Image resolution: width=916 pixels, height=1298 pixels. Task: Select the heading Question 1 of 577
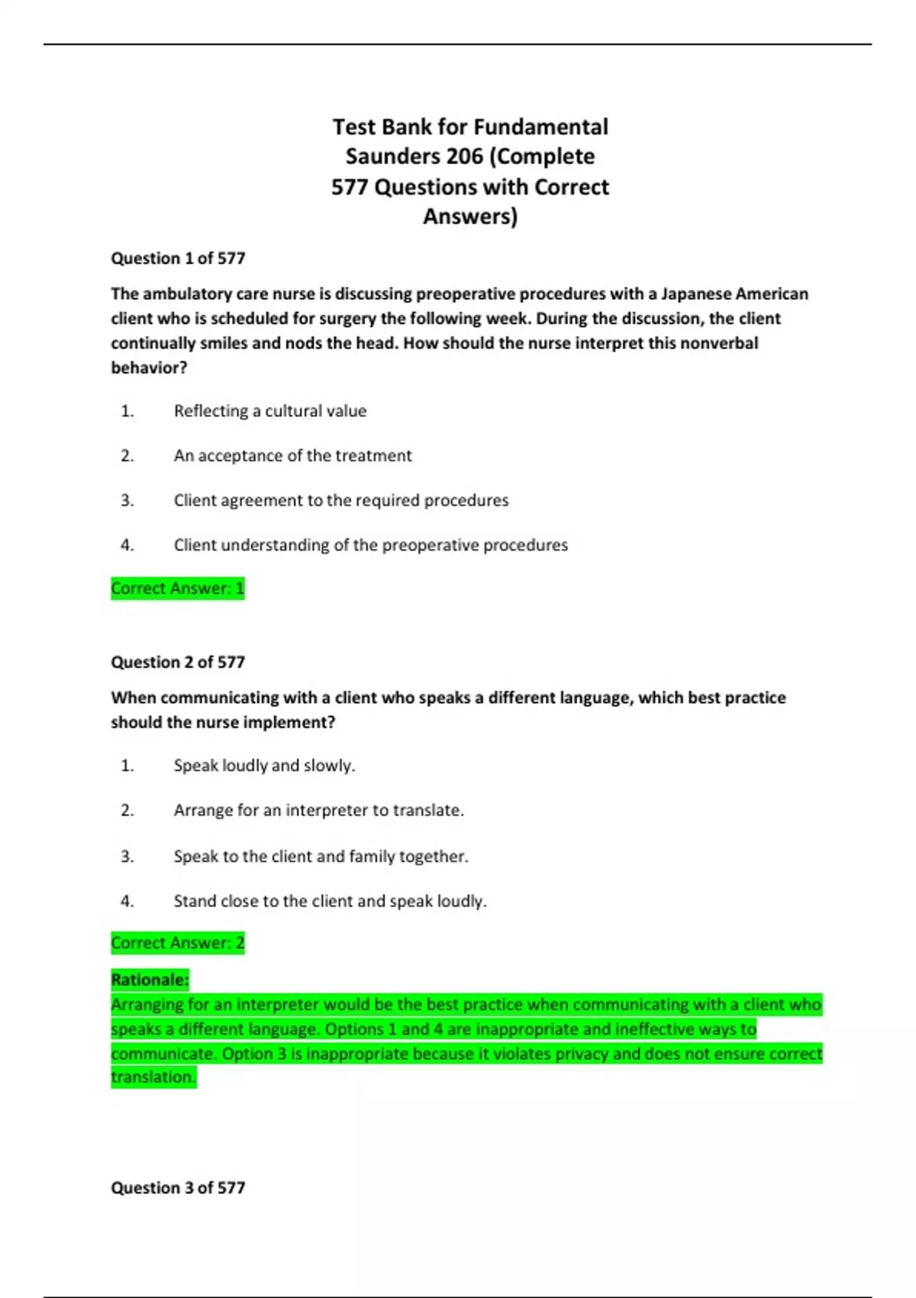point(178,258)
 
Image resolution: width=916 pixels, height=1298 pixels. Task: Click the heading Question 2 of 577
point(178,662)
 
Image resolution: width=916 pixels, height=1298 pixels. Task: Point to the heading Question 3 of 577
point(178,1187)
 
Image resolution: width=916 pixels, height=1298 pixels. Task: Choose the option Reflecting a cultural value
point(270,411)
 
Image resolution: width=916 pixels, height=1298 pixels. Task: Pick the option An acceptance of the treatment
point(292,456)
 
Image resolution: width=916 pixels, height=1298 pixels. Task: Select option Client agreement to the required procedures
point(341,500)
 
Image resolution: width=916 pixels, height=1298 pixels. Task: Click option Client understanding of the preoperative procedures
point(371,545)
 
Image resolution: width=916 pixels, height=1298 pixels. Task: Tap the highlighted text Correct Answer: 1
point(178,588)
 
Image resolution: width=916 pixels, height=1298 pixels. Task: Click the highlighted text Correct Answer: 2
point(178,943)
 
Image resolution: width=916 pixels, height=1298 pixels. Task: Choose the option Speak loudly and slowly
point(264,765)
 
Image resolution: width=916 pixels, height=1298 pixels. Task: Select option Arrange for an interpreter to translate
point(318,810)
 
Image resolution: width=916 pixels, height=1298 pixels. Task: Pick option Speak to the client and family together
point(321,856)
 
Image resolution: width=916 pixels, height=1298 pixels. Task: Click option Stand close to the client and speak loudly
point(330,901)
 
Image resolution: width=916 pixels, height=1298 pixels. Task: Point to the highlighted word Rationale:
point(150,980)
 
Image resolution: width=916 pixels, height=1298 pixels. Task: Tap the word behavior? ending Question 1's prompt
point(149,367)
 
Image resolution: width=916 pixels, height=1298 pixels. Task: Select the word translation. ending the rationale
point(153,1077)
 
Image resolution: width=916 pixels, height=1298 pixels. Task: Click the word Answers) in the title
point(470,217)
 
